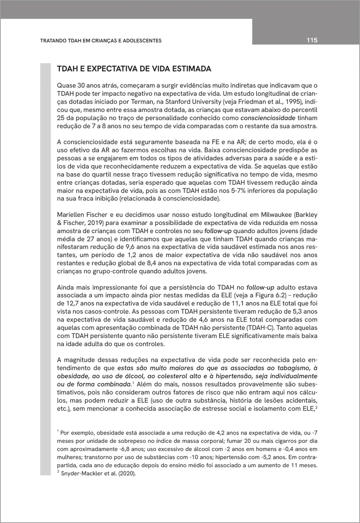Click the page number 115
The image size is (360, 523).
[x=311, y=40]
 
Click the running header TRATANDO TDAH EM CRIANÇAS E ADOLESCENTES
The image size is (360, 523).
[x=101, y=41]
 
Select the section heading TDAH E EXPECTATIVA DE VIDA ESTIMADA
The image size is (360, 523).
[x=134, y=69]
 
